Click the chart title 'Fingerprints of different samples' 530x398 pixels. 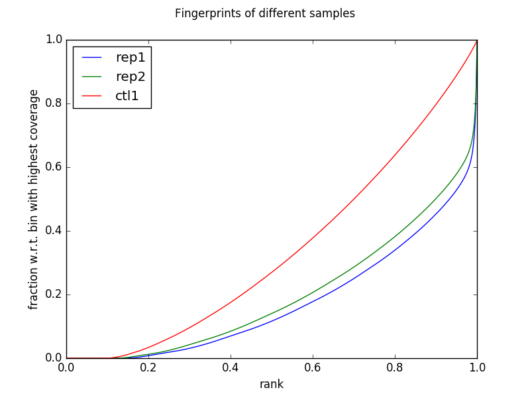point(265,13)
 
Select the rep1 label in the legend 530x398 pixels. point(130,56)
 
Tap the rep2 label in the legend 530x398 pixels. point(130,76)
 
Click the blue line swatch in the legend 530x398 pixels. point(91,57)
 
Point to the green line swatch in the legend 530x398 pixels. point(91,77)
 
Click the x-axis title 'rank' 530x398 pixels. point(272,384)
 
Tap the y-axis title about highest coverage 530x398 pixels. point(34,199)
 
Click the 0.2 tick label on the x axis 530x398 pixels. point(148,367)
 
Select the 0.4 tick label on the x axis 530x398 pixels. point(231,367)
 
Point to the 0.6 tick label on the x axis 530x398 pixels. point(313,367)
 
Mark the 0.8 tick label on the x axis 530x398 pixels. point(395,367)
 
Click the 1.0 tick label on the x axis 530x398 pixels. point(477,367)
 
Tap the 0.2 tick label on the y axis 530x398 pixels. point(52,295)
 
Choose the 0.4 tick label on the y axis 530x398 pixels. point(52,231)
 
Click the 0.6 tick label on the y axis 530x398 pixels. point(52,167)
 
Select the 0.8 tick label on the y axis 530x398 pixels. point(52,103)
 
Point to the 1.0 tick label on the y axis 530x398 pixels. point(52,40)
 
